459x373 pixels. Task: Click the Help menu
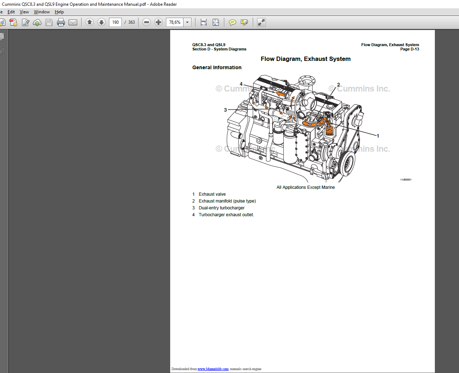point(59,12)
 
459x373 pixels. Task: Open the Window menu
point(42,12)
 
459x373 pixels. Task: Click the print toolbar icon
point(61,22)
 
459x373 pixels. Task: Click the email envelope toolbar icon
point(73,22)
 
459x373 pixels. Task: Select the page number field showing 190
point(115,22)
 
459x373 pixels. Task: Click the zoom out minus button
point(146,22)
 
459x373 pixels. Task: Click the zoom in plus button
point(158,22)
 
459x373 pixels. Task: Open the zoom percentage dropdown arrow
point(187,22)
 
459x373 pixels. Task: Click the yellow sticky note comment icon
point(233,22)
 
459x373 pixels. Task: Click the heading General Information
point(217,67)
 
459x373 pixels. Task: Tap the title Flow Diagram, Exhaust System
point(305,59)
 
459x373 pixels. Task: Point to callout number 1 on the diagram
point(378,136)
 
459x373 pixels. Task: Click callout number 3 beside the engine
point(225,110)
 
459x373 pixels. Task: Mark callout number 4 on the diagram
point(241,84)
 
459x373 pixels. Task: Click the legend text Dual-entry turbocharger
point(221,208)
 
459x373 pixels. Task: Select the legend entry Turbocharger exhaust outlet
point(226,215)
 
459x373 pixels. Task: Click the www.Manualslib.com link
point(213,369)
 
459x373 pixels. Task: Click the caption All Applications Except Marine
point(305,187)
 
